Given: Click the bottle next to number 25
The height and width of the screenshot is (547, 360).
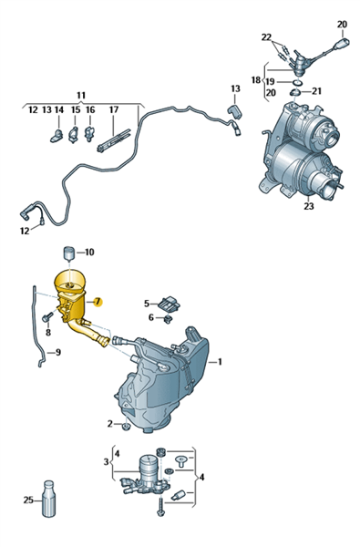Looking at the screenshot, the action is point(49,499).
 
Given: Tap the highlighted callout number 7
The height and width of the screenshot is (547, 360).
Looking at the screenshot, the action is point(98,301).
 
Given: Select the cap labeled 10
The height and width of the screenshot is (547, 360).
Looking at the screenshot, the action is point(69,254).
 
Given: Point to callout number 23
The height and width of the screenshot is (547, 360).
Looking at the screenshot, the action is point(309,206).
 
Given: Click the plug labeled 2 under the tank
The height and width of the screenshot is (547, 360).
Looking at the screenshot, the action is point(126,427).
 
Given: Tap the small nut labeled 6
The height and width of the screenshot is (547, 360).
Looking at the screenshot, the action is point(168,319).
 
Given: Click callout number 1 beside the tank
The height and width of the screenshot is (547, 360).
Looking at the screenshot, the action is point(220,362).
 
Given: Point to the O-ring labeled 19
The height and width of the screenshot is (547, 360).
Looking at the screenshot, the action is point(297,83).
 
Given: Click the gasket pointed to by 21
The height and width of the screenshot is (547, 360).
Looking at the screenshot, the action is point(295,92).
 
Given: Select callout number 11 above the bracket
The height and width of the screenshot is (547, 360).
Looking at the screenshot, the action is point(81,95).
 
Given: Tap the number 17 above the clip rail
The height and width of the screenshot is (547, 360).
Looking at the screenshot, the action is point(114,110).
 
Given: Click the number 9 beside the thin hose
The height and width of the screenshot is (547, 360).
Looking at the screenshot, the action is point(58,352).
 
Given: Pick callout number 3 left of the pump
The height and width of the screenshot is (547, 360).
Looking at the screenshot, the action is point(106,462).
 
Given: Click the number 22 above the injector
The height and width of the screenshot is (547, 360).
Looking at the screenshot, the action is point(266,37).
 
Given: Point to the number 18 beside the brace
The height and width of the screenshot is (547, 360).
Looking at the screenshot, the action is point(256,80).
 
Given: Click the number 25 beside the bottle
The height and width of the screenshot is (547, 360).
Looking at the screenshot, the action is point(28,500).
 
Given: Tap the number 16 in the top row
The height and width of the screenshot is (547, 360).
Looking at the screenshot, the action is point(90,110).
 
